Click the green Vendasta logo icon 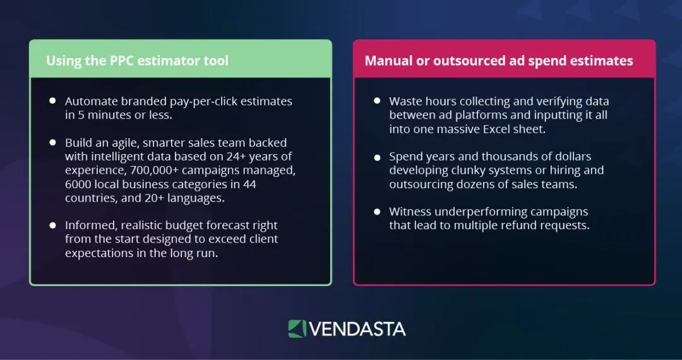(x=297, y=328)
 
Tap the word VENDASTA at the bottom (x=358, y=329)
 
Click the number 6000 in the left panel (x=79, y=184)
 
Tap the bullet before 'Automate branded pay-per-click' (x=52, y=100)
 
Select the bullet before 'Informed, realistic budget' (x=52, y=225)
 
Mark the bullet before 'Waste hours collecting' (x=377, y=100)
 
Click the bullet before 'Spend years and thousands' (x=377, y=156)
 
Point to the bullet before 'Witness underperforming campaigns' (x=377, y=211)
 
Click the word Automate (x=90, y=101)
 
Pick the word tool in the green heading (x=216, y=61)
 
